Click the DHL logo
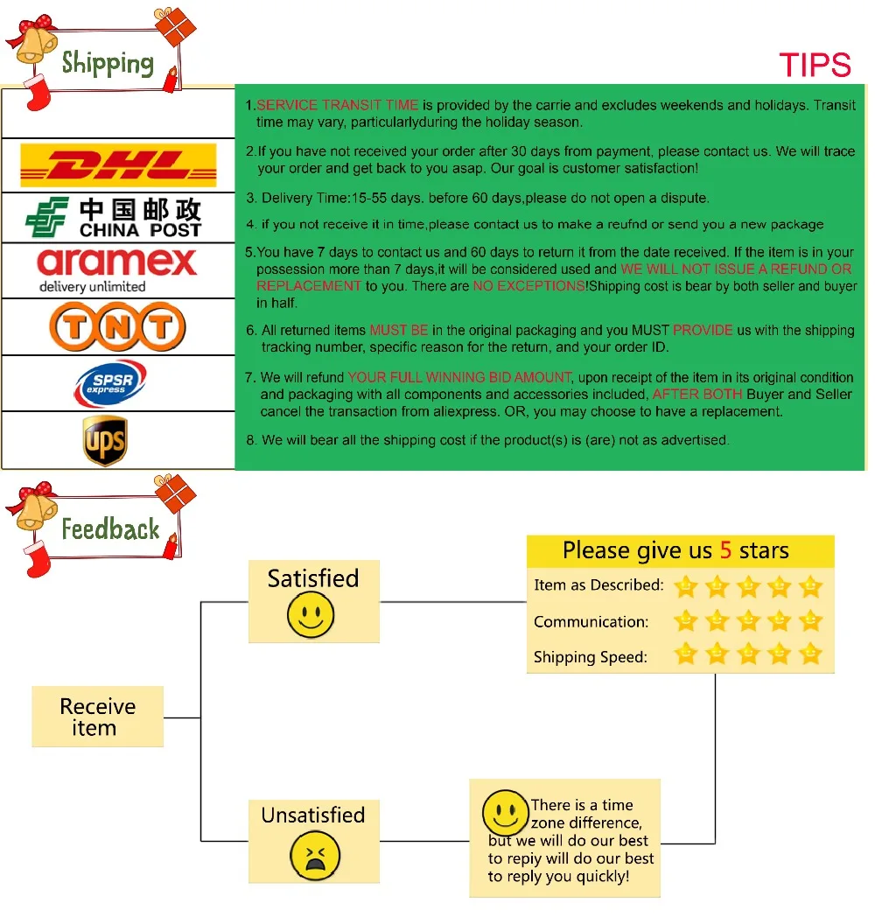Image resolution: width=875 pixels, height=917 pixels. [x=118, y=164]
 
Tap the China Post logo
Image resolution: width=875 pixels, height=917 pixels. [x=114, y=218]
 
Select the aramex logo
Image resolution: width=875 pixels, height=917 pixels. [x=116, y=269]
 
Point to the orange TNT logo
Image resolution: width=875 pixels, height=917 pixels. [x=117, y=326]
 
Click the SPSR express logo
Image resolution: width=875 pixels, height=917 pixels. [x=110, y=383]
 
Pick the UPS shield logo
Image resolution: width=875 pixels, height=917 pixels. [x=105, y=440]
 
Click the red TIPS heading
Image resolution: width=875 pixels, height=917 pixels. [x=815, y=65]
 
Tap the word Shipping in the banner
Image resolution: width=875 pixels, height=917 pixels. [x=108, y=63]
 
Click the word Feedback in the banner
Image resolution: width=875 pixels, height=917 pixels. [x=110, y=528]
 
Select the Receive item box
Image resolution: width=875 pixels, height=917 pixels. [x=98, y=717]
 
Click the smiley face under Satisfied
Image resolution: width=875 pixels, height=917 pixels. [x=311, y=614]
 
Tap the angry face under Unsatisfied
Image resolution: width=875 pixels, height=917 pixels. [x=315, y=856]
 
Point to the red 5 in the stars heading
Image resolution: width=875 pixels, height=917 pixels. [x=725, y=550]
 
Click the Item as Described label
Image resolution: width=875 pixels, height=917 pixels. [x=598, y=584]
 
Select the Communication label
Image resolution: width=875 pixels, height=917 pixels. [x=591, y=621]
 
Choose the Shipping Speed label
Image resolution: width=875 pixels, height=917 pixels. [x=591, y=657]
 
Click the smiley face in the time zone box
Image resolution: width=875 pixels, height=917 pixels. [x=506, y=813]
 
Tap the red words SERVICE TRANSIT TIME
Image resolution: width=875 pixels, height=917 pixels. [x=338, y=105]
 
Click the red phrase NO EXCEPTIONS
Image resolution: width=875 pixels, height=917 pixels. [x=528, y=286]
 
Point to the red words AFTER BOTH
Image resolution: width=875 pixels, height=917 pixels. [x=697, y=394]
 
